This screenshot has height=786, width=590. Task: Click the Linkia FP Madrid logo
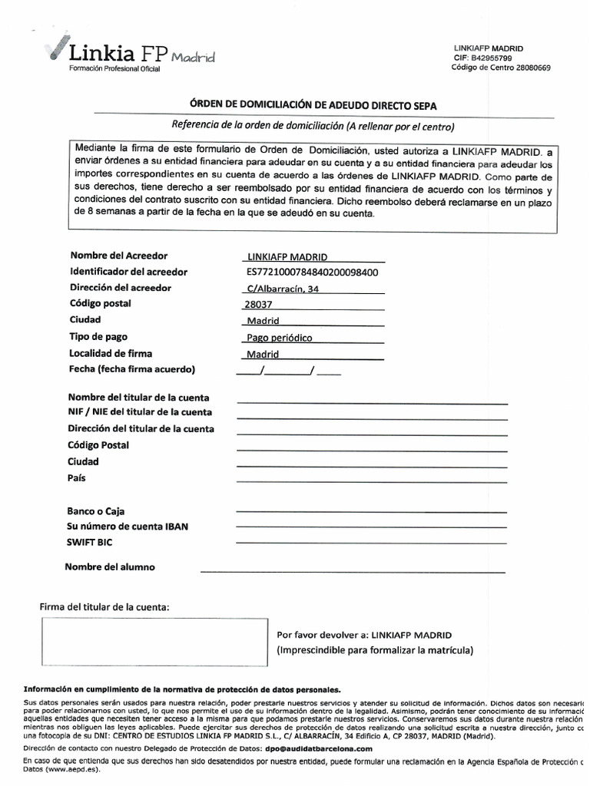[x=131, y=54]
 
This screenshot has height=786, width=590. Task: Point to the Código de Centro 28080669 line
[x=501, y=68]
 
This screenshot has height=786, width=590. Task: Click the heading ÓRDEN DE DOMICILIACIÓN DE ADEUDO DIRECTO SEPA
[x=313, y=105]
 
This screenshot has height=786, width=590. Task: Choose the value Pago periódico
[x=280, y=337]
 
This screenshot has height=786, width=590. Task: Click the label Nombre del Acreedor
[x=118, y=256]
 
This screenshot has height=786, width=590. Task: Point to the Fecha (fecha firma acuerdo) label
[x=132, y=369]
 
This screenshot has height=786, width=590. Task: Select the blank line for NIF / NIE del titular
[x=372, y=418]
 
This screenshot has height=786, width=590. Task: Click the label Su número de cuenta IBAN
[x=128, y=526]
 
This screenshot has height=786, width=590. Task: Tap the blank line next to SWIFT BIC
[x=372, y=542]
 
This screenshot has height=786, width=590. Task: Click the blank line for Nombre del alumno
[x=353, y=571]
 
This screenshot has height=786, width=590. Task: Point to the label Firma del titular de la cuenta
[x=104, y=607]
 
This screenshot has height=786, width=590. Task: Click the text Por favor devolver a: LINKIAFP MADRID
[x=364, y=636]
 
